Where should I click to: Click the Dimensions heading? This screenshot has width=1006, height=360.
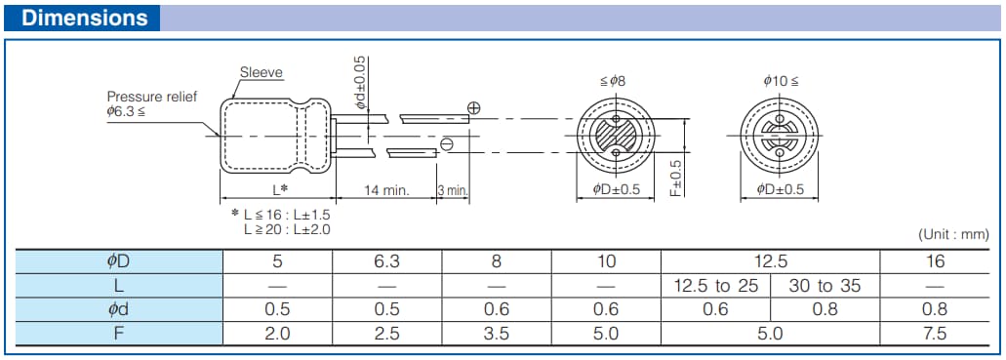[x=85, y=18]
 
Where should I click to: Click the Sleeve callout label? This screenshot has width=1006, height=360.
[x=261, y=72]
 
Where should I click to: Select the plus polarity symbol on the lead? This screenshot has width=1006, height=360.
[x=474, y=108]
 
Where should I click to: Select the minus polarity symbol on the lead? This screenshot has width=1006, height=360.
[x=446, y=144]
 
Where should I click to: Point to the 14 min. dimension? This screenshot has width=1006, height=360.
[x=386, y=190]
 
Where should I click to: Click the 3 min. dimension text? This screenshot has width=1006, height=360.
[x=453, y=190]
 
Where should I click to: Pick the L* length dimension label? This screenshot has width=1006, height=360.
[x=279, y=189]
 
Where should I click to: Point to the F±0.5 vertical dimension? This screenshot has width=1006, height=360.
[x=675, y=179]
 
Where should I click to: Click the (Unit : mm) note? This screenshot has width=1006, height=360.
[x=952, y=234]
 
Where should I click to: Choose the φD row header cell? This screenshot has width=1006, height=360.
[x=118, y=261]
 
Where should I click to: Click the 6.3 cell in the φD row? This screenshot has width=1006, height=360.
[x=387, y=261]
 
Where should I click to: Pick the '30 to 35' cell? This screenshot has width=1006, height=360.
[x=825, y=286]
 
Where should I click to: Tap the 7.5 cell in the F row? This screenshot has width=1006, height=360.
[x=935, y=334]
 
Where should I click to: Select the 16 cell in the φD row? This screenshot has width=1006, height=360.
[x=935, y=261]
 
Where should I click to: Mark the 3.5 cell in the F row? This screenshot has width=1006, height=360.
[x=497, y=334]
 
